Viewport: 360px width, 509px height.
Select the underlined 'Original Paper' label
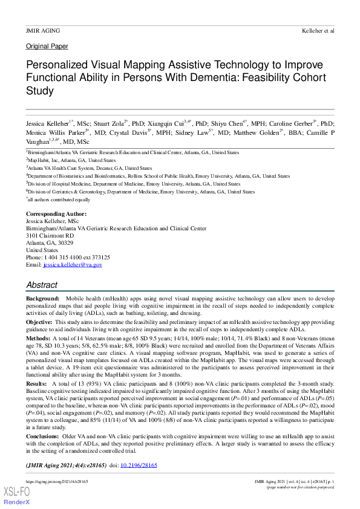click(47, 47)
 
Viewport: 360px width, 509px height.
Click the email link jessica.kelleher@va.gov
click(72, 265)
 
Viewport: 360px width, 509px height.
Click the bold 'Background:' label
click(42, 299)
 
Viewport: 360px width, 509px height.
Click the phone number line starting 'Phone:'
click(68, 257)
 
